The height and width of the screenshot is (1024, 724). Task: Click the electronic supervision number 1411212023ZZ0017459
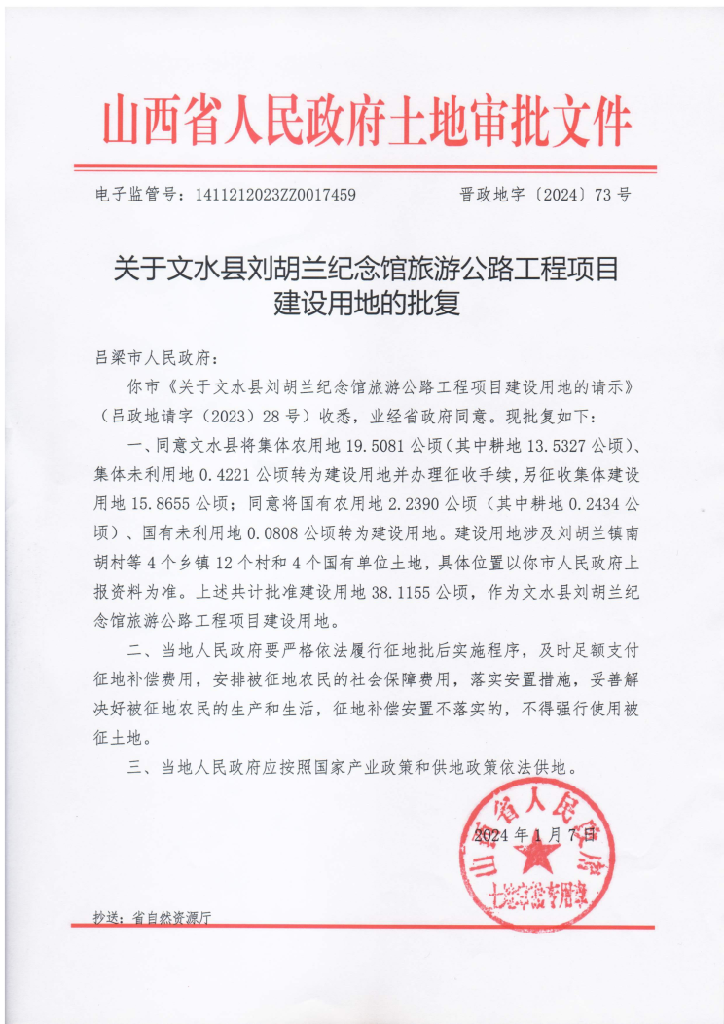275,195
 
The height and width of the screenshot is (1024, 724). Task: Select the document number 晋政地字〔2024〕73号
544,195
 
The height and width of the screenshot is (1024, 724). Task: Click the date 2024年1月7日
533,835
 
